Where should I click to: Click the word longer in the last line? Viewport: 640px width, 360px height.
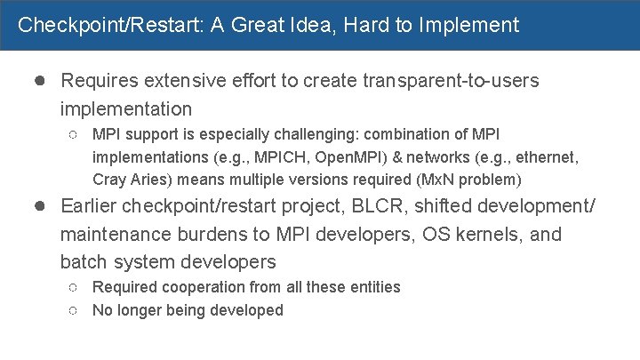coord(141,310)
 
